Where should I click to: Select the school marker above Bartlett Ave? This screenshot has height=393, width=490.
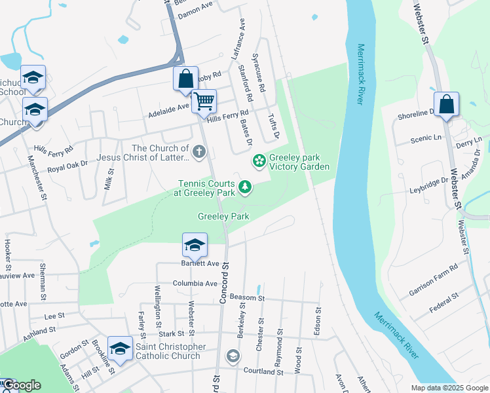195,246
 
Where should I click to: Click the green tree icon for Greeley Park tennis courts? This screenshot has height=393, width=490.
245,188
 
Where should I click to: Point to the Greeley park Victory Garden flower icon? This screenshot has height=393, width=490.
259,160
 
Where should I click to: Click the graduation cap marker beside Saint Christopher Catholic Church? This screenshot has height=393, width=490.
120,349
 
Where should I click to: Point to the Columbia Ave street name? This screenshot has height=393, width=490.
195,284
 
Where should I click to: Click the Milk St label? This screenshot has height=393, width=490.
109,178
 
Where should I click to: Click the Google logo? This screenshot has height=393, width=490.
21,385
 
